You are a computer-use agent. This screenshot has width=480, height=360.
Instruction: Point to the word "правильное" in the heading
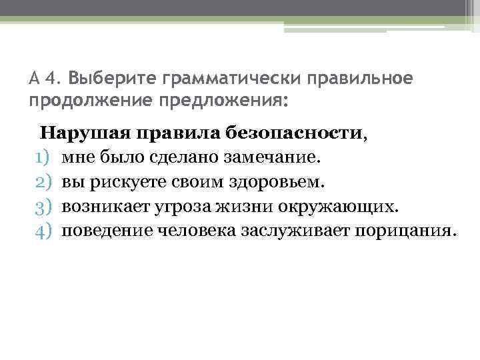click(360, 79)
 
